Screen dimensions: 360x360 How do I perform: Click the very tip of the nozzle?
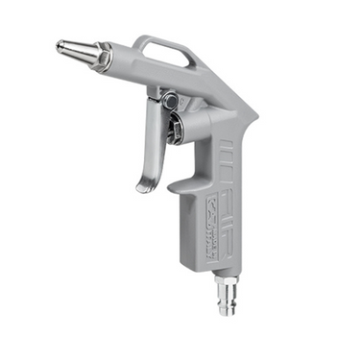[57, 44]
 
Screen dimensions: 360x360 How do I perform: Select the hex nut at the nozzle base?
[101, 58]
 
